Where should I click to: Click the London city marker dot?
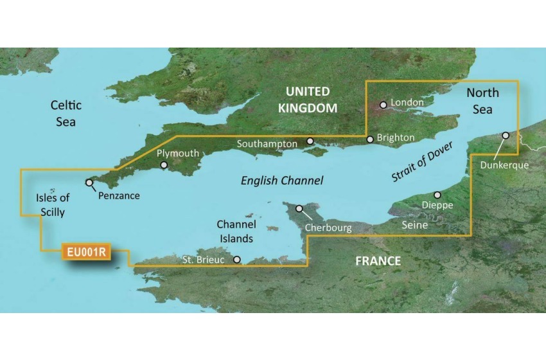click(383, 104)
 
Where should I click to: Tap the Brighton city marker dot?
click(370, 139)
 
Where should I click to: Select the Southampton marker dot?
click(310, 141)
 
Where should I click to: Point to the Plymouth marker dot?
click(165, 165)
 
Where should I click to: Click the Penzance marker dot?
click(89, 183)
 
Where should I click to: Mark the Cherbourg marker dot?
click(299, 208)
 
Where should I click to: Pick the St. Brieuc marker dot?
click(237, 260)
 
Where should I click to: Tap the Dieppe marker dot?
click(437, 195)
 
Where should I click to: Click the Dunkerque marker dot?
click(506, 136)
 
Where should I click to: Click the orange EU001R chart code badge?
click(85, 252)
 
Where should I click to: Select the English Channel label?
click(282, 181)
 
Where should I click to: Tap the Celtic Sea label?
click(66, 113)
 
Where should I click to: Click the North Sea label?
click(482, 101)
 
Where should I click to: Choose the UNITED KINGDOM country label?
click(308, 100)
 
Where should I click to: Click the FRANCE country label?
click(378, 261)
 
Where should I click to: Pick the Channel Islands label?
click(236, 231)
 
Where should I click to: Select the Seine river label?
click(414, 225)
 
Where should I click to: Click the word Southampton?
click(267, 144)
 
